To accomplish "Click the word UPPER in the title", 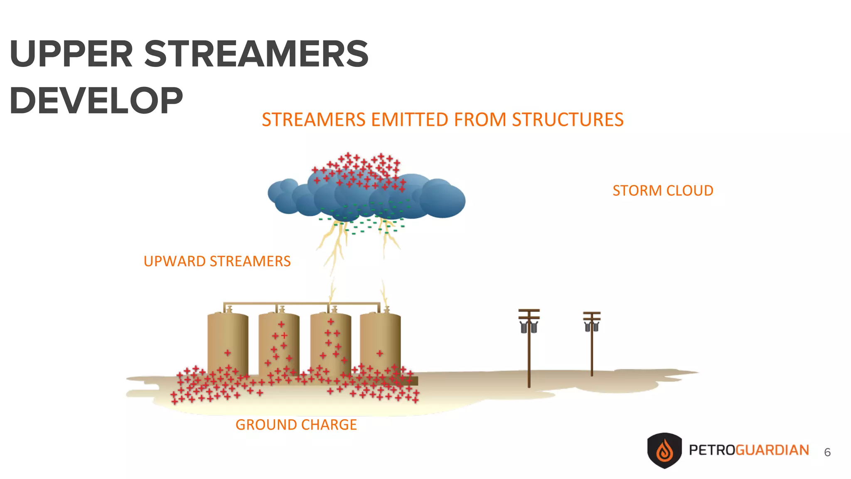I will point(71,54).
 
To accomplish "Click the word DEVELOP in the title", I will point(96,101).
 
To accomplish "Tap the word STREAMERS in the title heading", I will point(256,54).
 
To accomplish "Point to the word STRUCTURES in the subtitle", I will point(568,120).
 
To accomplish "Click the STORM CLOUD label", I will point(663,191).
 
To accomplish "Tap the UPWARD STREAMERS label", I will point(217,262).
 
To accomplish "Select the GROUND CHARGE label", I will point(296,425).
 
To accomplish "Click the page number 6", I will point(827,452).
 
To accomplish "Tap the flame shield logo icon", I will point(664,451).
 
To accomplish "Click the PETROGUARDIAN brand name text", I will point(749,450).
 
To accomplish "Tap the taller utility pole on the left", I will point(529,353).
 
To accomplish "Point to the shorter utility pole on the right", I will point(592,349).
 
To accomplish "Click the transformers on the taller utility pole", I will point(529,328).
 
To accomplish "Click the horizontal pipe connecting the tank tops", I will point(302,304).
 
